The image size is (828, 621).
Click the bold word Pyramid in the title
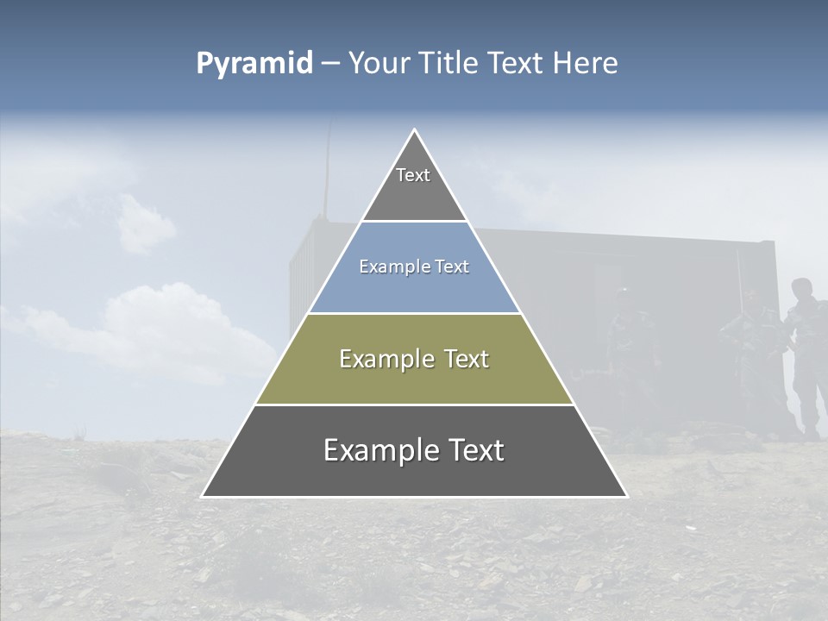(254, 64)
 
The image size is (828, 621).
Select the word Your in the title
(379, 64)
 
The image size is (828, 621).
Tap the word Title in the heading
(449, 64)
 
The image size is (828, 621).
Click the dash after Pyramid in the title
(329, 64)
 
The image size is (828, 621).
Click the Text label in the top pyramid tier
(413, 175)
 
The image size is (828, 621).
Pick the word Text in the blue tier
(452, 267)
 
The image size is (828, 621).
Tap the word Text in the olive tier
(467, 359)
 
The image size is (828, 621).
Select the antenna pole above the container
(328, 168)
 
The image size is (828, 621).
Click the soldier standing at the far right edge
(806, 354)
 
